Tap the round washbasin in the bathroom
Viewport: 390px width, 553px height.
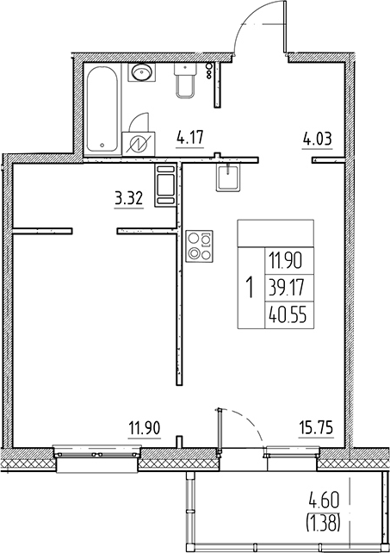[x=142, y=72]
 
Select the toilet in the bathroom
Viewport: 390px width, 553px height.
[x=184, y=80]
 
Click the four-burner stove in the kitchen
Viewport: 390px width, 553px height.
[x=199, y=246]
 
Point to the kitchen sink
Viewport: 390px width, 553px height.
[x=229, y=177]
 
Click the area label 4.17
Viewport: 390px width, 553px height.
[x=189, y=138]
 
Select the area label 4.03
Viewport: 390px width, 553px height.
[x=318, y=139]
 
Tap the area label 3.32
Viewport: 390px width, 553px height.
[x=128, y=199]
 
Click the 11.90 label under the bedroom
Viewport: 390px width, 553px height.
[x=145, y=428]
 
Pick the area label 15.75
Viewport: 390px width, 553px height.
[x=316, y=428]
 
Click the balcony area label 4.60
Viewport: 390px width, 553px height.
[x=324, y=500]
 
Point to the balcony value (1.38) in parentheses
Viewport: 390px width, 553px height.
[x=324, y=523]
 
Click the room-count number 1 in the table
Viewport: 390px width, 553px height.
[x=251, y=288]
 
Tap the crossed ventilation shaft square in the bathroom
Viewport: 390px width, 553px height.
[x=139, y=144]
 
